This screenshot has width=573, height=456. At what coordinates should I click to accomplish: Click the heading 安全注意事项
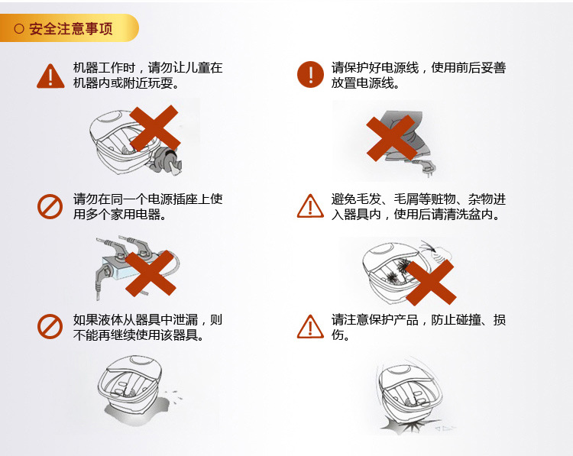[x=70, y=29]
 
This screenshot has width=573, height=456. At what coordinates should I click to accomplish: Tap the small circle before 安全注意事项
[x=19, y=29]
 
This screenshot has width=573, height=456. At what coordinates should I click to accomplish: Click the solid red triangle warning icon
[x=50, y=76]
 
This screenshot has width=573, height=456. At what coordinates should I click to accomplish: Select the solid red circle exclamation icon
[x=310, y=75]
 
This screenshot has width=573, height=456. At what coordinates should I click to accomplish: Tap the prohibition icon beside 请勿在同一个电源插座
[x=50, y=206]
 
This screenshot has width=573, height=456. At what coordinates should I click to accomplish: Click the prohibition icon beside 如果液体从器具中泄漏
[x=50, y=326]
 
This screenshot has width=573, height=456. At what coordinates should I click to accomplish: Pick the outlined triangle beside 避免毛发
[x=310, y=206]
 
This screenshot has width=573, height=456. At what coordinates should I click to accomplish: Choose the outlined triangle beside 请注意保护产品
[x=310, y=326]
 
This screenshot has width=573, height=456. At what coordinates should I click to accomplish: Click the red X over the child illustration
[x=155, y=128]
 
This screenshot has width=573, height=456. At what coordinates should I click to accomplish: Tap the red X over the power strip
[x=151, y=273]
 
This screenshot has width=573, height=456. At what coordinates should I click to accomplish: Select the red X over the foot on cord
[x=391, y=138]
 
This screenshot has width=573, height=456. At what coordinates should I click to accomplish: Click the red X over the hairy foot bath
[x=430, y=283]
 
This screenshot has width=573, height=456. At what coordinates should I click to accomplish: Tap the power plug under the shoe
[x=426, y=168]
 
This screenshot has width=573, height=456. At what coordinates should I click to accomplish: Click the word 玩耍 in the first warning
[x=160, y=83]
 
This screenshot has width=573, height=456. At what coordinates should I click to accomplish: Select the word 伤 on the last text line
[x=337, y=335]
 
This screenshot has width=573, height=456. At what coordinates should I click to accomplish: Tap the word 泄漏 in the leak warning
[x=186, y=320]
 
